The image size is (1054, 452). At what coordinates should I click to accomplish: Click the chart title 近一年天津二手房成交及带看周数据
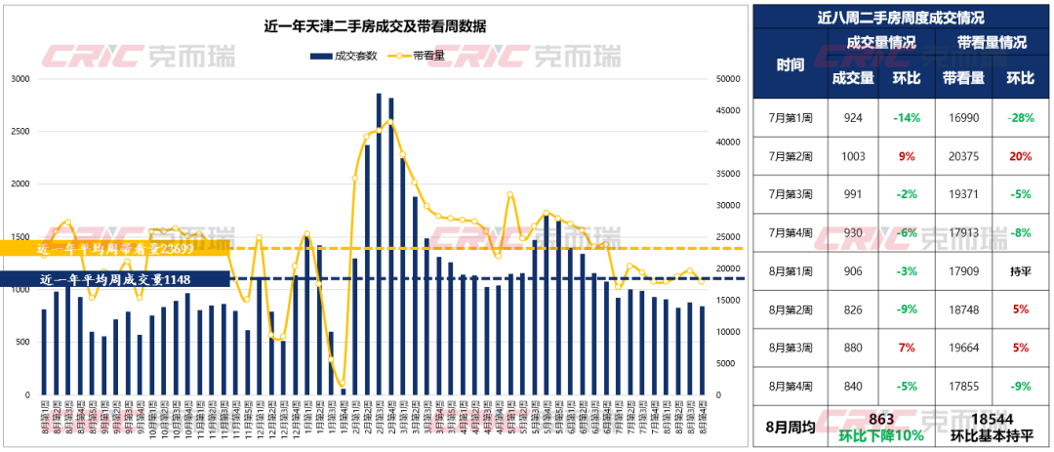(x=377, y=26)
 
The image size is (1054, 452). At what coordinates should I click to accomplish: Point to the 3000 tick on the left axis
(x=20, y=79)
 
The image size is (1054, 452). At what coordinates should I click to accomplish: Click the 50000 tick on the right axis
(x=726, y=79)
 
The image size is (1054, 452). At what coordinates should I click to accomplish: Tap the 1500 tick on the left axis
(x=20, y=237)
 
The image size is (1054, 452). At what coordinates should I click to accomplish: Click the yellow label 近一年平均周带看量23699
(x=116, y=249)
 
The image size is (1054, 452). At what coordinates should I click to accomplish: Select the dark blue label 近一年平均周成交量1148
(x=114, y=280)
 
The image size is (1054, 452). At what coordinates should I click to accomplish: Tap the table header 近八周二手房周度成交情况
(x=900, y=19)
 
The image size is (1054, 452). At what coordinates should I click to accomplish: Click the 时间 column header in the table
(x=790, y=65)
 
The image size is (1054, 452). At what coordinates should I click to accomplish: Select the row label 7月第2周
(x=790, y=156)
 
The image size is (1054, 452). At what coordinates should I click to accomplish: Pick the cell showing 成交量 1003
(x=853, y=156)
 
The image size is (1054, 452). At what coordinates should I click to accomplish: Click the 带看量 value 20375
(x=962, y=156)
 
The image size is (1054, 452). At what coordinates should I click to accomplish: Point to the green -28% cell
(x=1020, y=118)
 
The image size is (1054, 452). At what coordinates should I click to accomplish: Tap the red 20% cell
(x=1020, y=156)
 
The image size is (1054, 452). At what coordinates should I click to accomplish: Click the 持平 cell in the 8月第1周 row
(x=1020, y=271)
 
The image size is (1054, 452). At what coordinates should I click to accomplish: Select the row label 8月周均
(x=790, y=428)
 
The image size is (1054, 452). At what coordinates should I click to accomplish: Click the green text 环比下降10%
(x=881, y=436)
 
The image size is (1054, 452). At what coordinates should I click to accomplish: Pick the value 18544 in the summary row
(x=990, y=420)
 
